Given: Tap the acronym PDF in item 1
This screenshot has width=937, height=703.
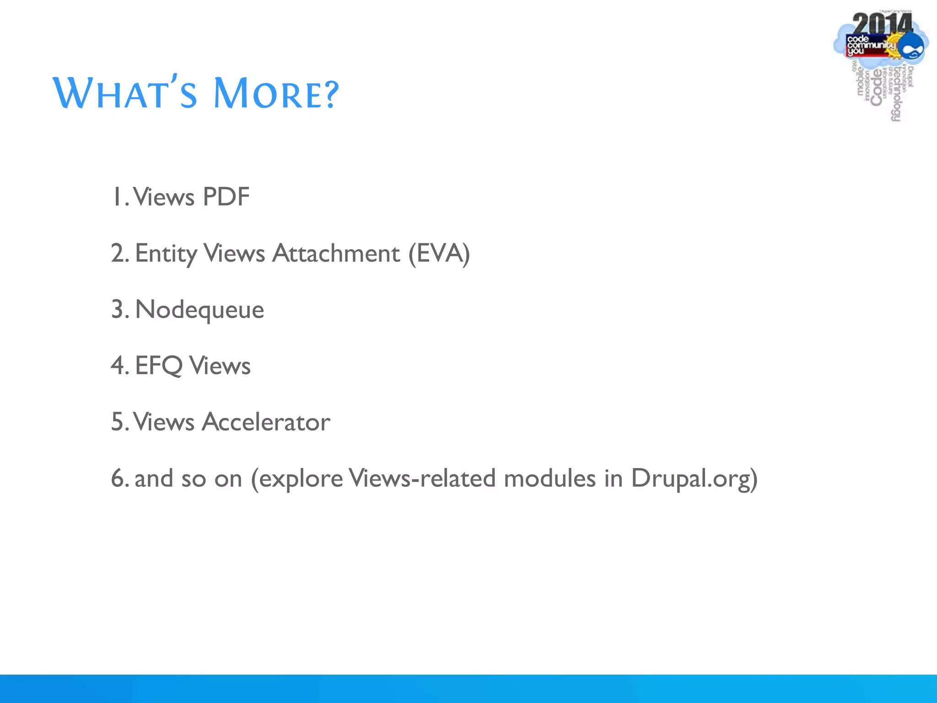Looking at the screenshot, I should tap(226, 197).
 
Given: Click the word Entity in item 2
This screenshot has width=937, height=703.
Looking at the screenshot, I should tap(166, 254).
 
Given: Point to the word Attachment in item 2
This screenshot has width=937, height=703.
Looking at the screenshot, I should tap(336, 254).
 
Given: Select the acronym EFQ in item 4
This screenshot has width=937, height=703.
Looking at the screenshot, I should tap(159, 366).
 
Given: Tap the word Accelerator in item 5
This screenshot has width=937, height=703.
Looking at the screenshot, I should tap(266, 422).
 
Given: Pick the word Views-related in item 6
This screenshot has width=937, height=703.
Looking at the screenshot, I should tap(422, 479).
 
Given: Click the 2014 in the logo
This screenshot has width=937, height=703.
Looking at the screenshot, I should tap(882, 24).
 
